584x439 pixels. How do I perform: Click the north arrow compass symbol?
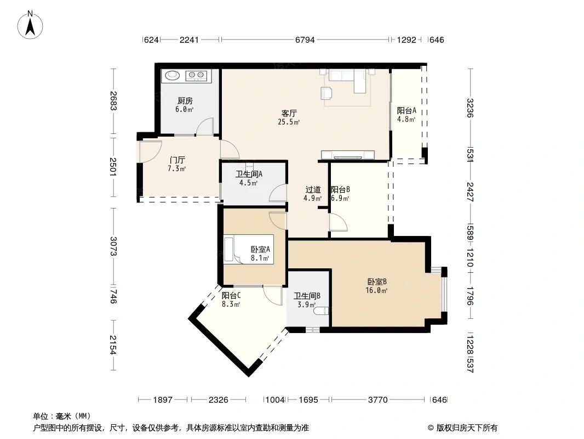point(30,25)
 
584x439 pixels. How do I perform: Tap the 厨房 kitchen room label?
point(185,101)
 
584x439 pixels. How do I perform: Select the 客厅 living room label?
point(289,113)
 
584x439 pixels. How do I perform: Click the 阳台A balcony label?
point(406,110)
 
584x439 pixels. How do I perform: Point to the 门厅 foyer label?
point(178,160)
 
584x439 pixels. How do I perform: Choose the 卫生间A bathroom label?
point(249,174)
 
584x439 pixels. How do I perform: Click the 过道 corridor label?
point(313,189)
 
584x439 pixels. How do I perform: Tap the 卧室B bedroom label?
point(377,282)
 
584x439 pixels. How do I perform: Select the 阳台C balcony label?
point(231,295)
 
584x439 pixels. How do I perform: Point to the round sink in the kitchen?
point(173,75)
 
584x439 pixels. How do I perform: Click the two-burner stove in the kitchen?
point(196,76)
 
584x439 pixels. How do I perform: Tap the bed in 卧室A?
point(248,249)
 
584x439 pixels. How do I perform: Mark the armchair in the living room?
point(327,93)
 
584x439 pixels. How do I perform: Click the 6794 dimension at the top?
point(305,40)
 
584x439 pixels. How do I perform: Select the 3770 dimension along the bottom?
point(377,400)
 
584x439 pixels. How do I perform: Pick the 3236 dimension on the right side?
point(470,108)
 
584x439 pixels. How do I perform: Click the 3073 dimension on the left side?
point(113,246)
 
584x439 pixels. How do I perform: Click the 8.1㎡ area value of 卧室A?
point(260,258)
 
